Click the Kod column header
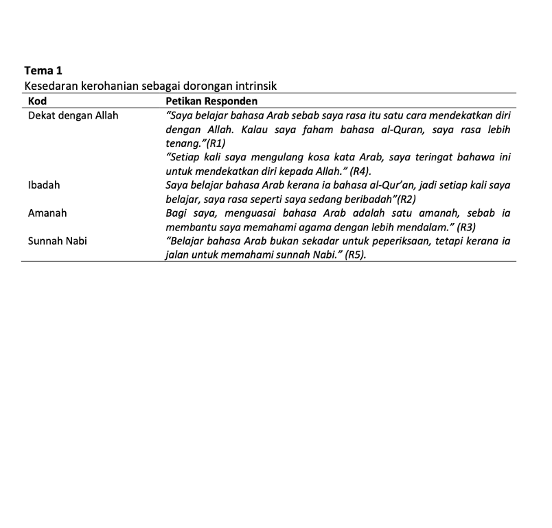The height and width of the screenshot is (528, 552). tap(37, 101)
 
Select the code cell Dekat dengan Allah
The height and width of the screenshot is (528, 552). tap(73, 115)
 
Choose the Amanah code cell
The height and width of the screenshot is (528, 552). tap(47, 213)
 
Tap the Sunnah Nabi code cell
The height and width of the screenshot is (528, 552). tap(57, 241)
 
